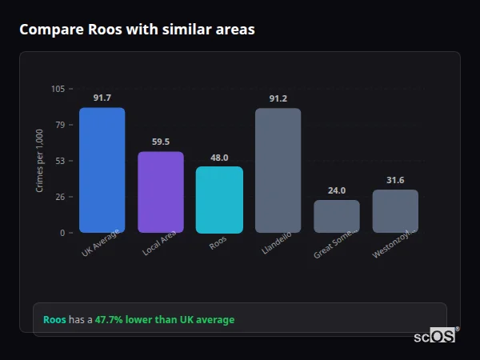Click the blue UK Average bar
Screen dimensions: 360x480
coord(102,170)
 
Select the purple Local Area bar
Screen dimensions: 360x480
coord(160,192)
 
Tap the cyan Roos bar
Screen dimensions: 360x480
coord(219,199)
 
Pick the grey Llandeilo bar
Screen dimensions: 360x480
coord(278,170)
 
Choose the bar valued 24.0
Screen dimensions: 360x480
coord(337,216)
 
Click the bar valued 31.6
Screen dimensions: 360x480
coord(395,211)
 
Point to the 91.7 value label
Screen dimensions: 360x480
coord(102,98)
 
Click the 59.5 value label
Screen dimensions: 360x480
coord(160,142)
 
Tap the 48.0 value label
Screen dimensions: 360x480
coord(219,158)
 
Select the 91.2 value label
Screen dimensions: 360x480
coord(278,98)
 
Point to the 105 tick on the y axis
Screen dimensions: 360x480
coord(58,89)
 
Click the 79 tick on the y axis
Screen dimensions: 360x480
coord(61,125)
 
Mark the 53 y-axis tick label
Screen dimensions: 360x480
coord(61,161)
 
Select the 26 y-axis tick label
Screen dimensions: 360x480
coord(61,197)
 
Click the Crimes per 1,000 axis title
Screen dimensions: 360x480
coord(40,161)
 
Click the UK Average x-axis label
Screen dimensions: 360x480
coord(100,244)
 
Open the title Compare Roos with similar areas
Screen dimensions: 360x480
coord(137,30)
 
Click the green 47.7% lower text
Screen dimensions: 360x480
coord(165,320)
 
